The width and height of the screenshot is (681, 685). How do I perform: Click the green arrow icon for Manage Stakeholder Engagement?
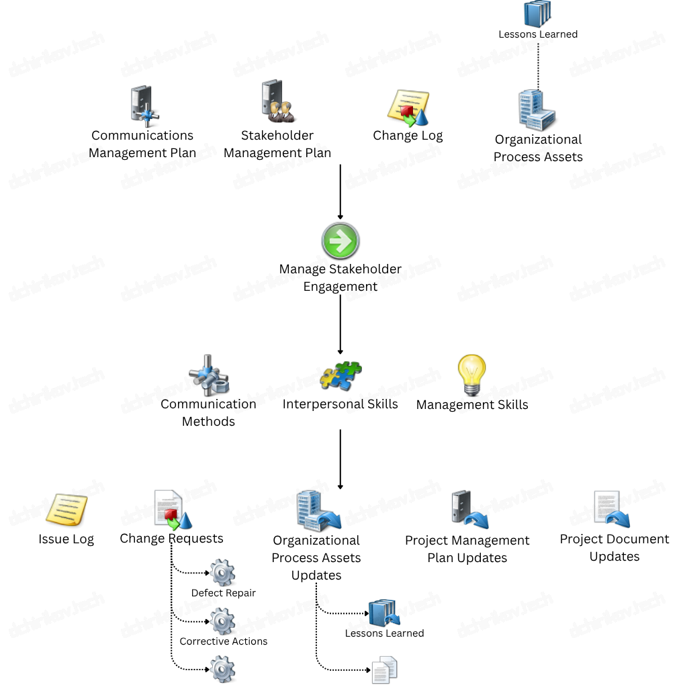[x=340, y=241]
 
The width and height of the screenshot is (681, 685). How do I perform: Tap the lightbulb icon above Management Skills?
[x=471, y=375]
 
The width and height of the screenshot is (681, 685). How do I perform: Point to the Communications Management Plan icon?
[x=142, y=107]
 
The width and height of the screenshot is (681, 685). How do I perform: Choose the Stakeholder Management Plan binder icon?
[x=276, y=101]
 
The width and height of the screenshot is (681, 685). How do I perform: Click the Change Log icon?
[x=408, y=107]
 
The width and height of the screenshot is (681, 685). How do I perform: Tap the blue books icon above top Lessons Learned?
[x=537, y=13]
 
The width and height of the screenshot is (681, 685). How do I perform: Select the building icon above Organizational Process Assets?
[x=537, y=110]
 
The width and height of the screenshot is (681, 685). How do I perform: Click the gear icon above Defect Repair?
[x=222, y=574]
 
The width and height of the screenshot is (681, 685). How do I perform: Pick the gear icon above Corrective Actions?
[x=222, y=622]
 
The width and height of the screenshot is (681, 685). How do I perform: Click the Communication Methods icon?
[x=208, y=377]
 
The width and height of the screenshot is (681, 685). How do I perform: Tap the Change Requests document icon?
[x=172, y=510]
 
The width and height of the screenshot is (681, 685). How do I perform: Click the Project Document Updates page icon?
[x=610, y=510]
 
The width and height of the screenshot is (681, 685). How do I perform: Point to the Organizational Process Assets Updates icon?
[x=318, y=511]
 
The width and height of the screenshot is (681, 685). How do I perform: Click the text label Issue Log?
[x=66, y=539]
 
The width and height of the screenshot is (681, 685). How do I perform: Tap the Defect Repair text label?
[x=224, y=594]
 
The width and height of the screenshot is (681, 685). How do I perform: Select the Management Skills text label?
[x=472, y=405]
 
